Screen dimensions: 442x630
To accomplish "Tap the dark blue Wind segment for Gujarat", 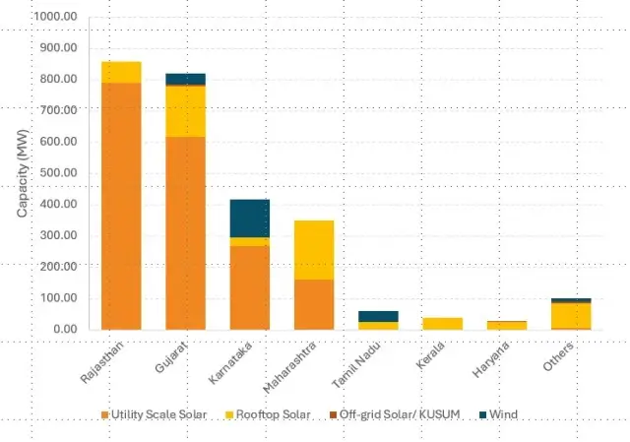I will pyautogui.click(x=185, y=79).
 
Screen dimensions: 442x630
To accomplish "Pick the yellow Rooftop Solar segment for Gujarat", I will pyautogui.click(x=185, y=111).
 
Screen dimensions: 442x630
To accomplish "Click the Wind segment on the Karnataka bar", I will pyautogui.click(x=249, y=218).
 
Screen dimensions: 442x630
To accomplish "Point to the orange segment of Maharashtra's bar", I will pyautogui.click(x=314, y=304).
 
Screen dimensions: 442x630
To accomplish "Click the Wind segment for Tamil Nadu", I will pyautogui.click(x=378, y=316).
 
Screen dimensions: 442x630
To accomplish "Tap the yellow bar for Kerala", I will pyautogui.click(x=442, y=324).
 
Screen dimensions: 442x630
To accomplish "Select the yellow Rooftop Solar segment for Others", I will pyautogui.click(x=571, y=315).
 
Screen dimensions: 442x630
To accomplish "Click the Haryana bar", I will pyautogui.click(x=506, y=325).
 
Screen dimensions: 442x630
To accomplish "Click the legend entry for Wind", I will pyautogui.click(x=503, y=415).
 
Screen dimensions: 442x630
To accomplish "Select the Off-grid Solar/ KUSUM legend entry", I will pyautogui.click(x=394, y=415).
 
